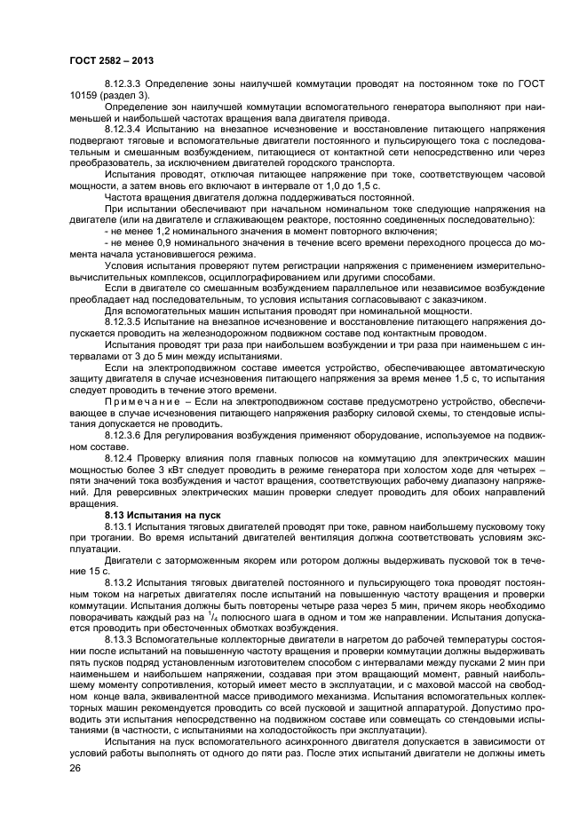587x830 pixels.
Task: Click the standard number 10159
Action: (87, 95)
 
